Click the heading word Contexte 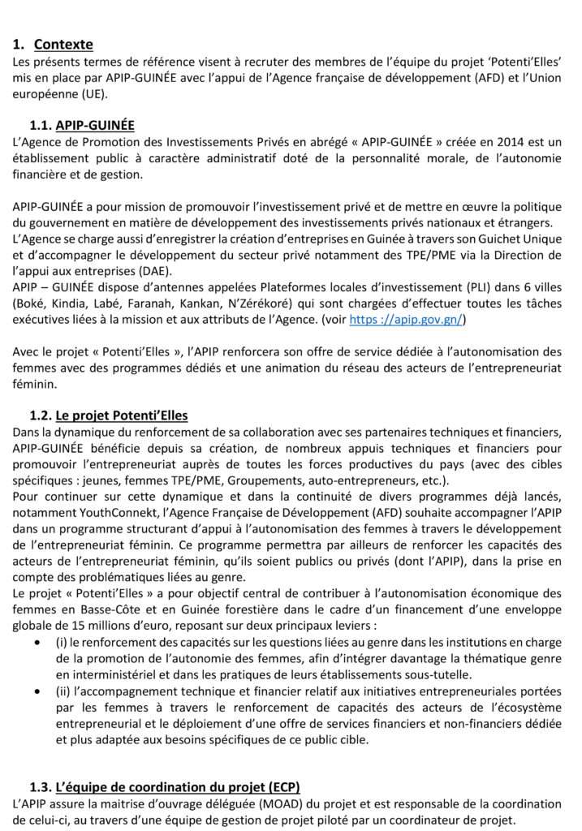(x=63, y=45)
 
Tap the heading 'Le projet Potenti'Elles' (x=122, y=415)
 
